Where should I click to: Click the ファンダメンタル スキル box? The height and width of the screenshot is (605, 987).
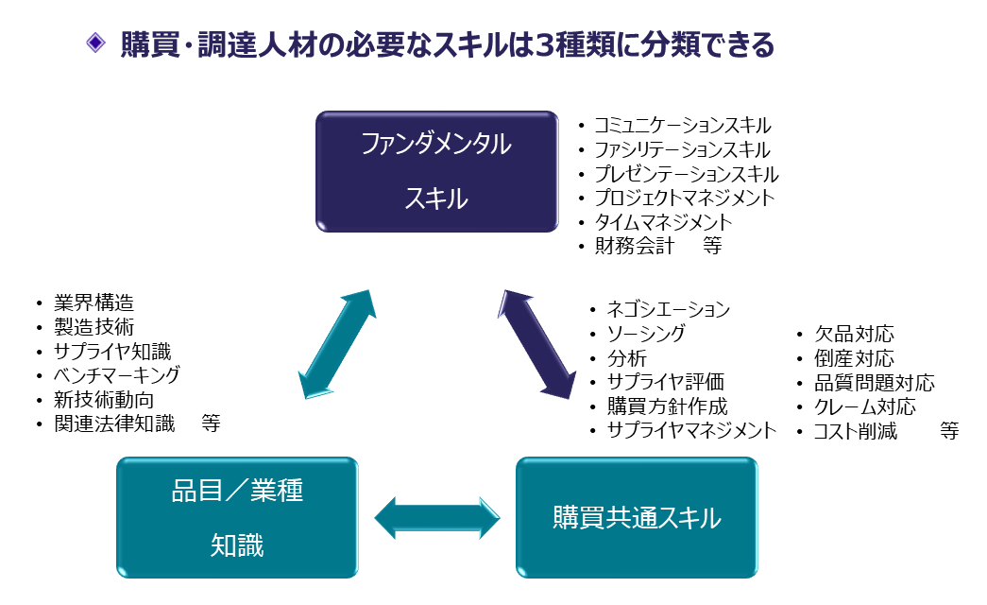pos(436,171)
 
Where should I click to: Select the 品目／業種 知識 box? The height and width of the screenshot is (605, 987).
pos(237,517)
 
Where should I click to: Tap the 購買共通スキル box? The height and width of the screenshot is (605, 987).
pos(636,518)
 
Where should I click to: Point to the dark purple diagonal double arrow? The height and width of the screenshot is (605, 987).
pos(536,344)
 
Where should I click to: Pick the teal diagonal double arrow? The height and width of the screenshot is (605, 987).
pos(337,344)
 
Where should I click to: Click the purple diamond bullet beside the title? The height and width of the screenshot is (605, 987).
pos(94,43)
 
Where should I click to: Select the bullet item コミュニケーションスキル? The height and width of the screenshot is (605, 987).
pos(682,125)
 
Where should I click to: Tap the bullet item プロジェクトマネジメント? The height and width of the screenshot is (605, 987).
pos(684,199)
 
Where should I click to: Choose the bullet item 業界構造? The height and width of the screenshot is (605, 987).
pos(94,303)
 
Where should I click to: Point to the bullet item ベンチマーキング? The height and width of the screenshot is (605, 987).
pos(116,375)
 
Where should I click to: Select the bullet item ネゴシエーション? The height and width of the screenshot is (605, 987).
pos(668,309)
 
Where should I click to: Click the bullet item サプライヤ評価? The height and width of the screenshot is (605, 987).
pos(665,383)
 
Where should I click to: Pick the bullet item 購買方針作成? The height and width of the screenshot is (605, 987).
pos(667,407)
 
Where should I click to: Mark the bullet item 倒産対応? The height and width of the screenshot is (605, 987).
pos(854,359)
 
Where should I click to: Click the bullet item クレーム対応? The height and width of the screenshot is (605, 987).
pos(864,407)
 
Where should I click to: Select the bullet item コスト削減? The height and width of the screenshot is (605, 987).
pos(856,432)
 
